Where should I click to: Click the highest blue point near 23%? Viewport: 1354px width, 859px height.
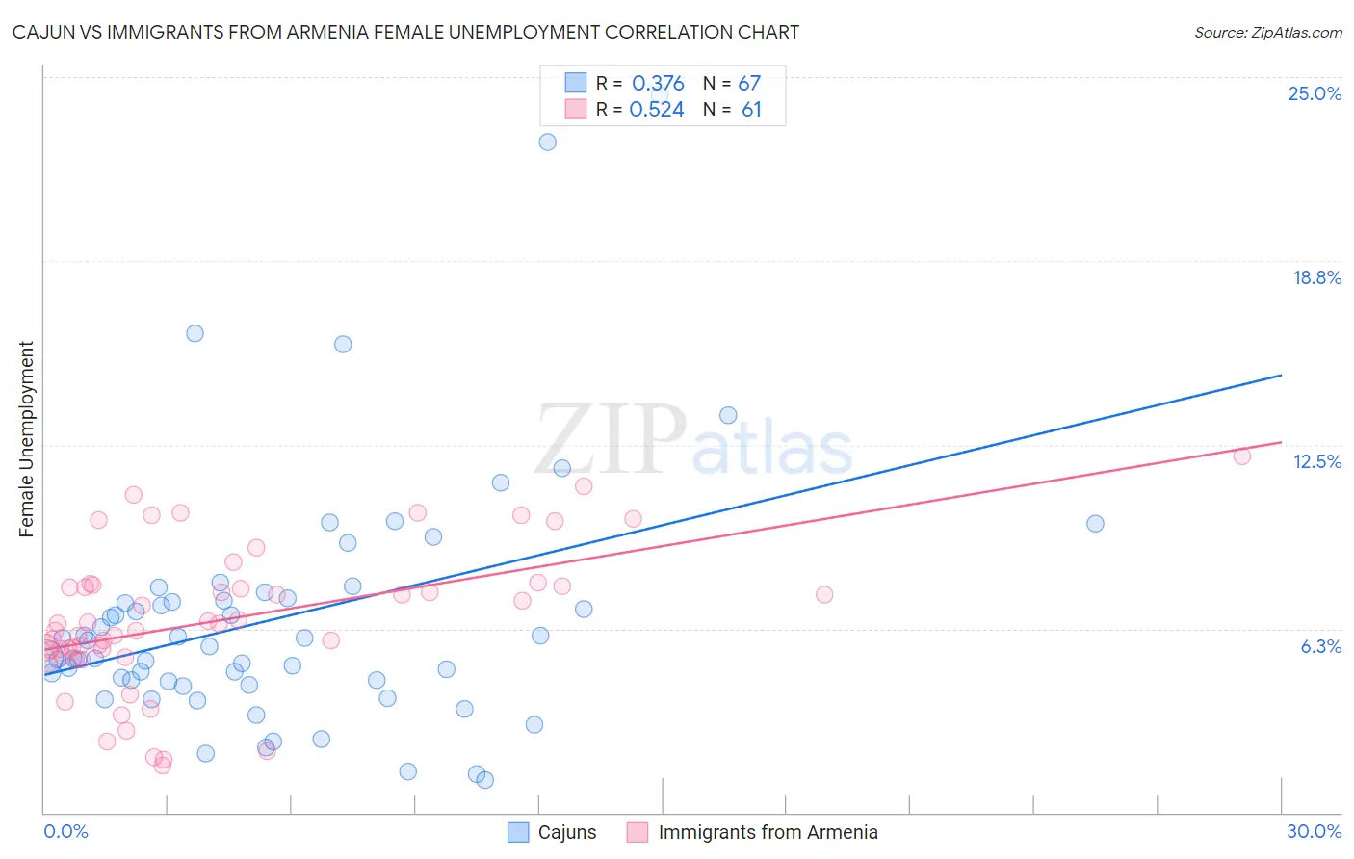(547, 142)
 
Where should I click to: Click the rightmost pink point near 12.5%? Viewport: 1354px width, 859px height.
(1242, 456)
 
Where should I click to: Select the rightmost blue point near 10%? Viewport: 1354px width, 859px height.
(1095, 524)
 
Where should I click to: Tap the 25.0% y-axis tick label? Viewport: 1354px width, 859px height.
(1315, 93)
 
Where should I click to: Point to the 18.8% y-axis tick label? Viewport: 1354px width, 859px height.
(1316, 277)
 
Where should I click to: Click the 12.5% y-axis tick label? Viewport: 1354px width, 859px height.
(1316, 461)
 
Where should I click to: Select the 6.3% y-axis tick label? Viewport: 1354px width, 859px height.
(1320, 646)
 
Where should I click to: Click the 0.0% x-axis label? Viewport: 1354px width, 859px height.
(65, 832)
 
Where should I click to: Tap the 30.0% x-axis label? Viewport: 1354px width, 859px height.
(1314, 832)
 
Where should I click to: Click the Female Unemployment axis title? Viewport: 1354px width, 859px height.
(26, 439)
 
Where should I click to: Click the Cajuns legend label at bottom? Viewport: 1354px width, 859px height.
(566, 833)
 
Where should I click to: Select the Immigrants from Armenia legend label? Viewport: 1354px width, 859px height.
(768, 833)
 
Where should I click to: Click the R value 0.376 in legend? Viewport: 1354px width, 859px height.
(658, 84)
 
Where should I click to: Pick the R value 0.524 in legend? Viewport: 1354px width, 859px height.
(656, 110)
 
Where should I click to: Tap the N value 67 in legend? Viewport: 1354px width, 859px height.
(749, 84)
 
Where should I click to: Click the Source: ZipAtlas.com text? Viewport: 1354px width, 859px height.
(1267, 33)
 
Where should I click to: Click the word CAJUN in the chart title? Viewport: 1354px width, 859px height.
(39, 33)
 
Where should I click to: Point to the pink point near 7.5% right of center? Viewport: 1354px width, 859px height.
(824, 595)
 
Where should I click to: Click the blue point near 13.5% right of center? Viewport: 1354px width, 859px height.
(728, 415)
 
